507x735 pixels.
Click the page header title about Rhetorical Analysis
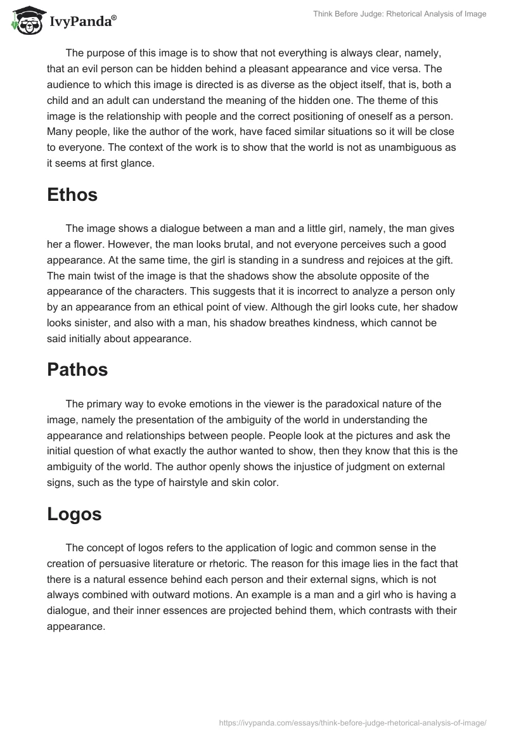401,14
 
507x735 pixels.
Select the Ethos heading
72,195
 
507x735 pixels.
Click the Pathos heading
77,370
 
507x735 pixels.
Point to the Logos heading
74,514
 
